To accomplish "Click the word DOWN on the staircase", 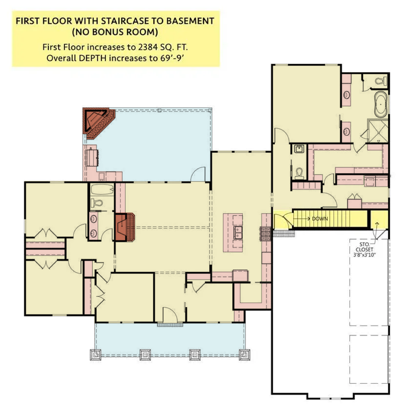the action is point(320,218).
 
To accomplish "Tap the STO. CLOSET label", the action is point(364,247).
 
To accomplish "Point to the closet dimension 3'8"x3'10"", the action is point(364,255).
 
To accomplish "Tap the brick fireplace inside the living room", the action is point(125,227).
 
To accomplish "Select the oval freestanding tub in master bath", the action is point(381,105).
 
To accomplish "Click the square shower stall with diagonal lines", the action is point(378,131).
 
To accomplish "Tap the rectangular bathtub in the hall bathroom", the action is point(102,190).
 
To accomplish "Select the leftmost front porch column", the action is point(96,355).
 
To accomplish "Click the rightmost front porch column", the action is point(244,355).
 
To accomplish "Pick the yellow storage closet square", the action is point(379,219).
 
